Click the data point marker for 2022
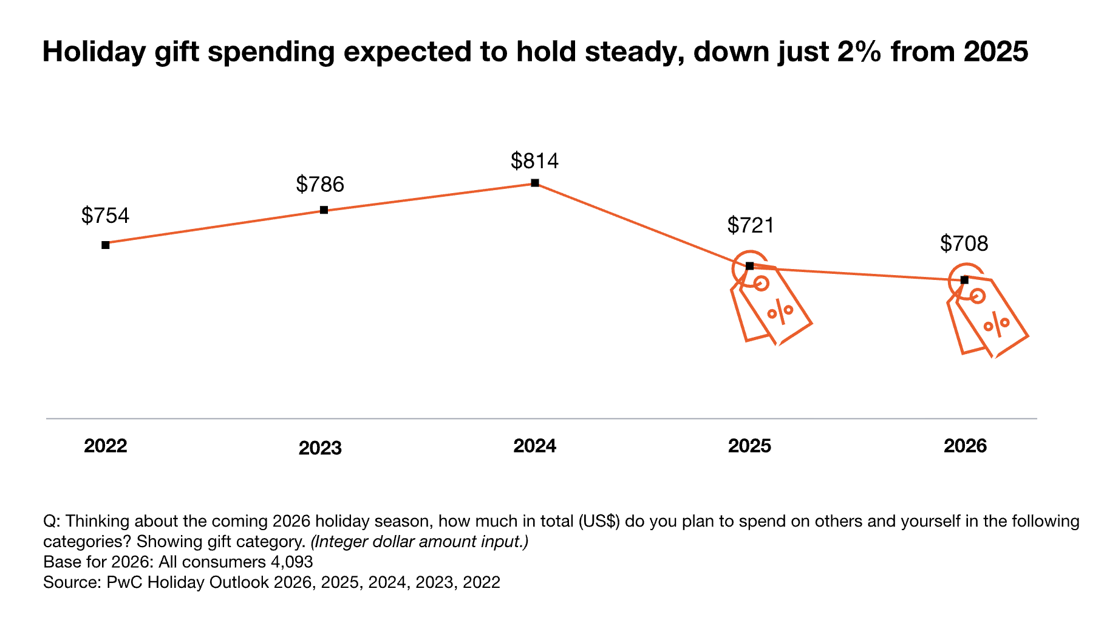point(106,245)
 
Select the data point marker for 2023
point(324,210)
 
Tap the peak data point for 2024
point(535,183)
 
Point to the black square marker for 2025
point(749,266)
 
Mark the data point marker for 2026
point(964,280)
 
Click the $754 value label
point(106,216)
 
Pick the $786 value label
point(320,184)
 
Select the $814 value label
point(534,161)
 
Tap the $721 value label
point(751,225)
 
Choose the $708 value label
point(964,244)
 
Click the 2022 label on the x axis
point(106,446)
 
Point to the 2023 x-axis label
point(320,448)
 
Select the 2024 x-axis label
point(535,446)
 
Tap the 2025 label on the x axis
point(749,446)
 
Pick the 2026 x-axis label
point(965,446)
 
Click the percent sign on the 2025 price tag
point(780,312)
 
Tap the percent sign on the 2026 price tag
point(997,324)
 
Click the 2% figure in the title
point(859,52)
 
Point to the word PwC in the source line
point(124,582)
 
